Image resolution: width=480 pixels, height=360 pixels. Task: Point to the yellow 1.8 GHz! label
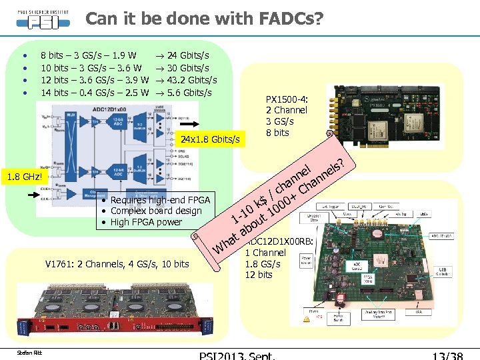click(x=23, y=178)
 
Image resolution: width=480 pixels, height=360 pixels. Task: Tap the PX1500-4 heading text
click(x=286, y=99)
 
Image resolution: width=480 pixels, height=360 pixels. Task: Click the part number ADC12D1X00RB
click(x=280, y=241)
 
